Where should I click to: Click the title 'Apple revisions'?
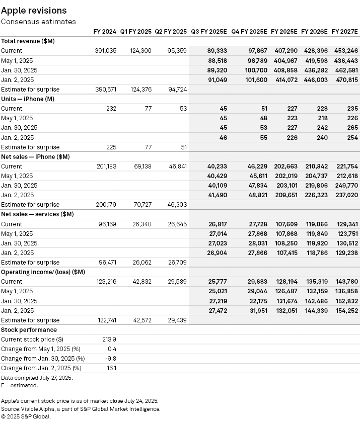34,11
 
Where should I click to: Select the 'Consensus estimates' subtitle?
38,22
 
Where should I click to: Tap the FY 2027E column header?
344,31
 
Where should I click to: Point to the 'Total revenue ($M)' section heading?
28,41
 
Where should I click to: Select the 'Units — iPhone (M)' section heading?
28,99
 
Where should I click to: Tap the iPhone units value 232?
111,109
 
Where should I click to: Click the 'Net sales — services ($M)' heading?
38,214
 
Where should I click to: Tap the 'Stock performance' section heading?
29,330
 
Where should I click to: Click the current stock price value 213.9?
109,339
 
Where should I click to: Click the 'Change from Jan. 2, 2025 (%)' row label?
41,368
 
